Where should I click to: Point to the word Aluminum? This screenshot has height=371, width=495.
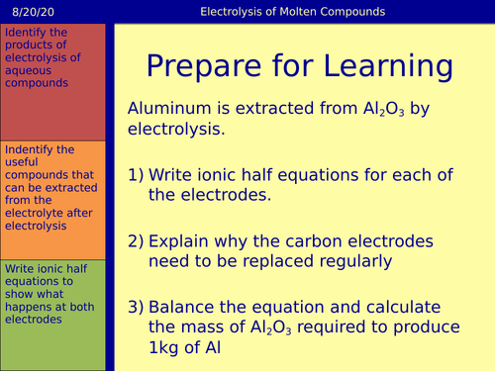[169, 111]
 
